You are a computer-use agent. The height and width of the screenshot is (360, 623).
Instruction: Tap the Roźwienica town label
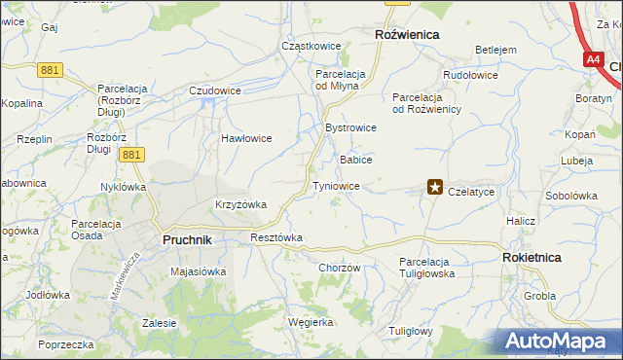[407, 34]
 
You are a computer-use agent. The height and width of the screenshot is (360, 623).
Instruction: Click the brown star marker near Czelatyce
[435, 188]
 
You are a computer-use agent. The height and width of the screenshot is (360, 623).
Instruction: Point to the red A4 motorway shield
[594, 59]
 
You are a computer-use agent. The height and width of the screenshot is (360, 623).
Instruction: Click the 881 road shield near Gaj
[52, 69]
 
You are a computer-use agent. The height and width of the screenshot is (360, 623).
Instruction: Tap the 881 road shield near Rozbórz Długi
[132, 154]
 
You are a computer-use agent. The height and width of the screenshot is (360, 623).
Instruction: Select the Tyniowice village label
[336, 186]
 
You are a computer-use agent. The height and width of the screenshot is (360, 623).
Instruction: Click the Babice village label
[355, 159]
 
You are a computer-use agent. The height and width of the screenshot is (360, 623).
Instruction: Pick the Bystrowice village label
[350, 127]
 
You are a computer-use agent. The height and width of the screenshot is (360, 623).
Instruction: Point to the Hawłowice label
[245, 138]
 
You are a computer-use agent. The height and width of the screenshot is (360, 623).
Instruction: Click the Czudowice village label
[214, 90]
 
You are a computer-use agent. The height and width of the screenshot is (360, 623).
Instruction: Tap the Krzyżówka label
[240, 204]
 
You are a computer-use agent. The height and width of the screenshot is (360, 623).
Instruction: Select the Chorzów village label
[339, 269]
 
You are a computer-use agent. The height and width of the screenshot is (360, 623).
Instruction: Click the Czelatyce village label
[471, 193]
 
